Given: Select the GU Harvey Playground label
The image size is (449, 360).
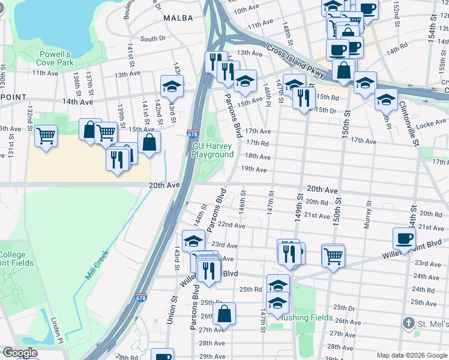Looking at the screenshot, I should click(x=212, y=150).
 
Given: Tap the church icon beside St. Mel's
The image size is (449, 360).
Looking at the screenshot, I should click(x=408, y=323).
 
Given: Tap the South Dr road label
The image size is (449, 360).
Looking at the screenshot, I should click(x=152, y=39).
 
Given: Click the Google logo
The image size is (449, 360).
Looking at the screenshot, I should click(x=20, y=353).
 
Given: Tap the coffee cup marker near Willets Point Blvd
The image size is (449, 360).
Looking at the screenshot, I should click(x=404, y=238).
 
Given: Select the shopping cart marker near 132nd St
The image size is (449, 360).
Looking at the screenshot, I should click(x=46, y=136).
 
